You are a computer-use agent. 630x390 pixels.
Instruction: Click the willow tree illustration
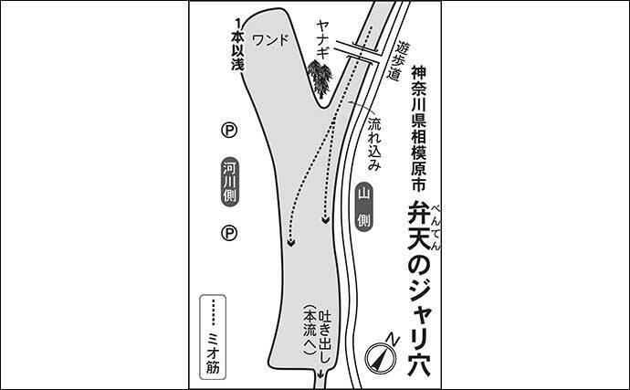[x=320, y=79]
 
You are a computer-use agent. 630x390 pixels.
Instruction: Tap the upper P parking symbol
[x=229, y=131]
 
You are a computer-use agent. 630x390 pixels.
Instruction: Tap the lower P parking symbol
[x=229, y=233]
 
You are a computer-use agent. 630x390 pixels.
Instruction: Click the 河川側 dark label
[x=230, y=182]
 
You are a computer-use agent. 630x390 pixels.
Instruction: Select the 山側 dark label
[x=363, y=207]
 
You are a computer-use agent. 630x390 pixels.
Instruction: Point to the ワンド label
[x=270, y=40]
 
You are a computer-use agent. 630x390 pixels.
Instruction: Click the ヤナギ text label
[x=322, y=40]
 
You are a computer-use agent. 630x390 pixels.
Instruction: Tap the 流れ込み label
[x=374, y=143]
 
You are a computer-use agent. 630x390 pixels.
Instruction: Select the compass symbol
[x=380, y=358]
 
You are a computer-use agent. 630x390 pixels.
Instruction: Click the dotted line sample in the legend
[x=214, y=312]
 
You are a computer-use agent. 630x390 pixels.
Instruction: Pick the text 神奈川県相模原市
[x=419, y=128]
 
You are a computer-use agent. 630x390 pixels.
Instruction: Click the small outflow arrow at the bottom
[x=320, y=374]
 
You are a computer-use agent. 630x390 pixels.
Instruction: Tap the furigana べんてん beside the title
[x=436, y=227]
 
